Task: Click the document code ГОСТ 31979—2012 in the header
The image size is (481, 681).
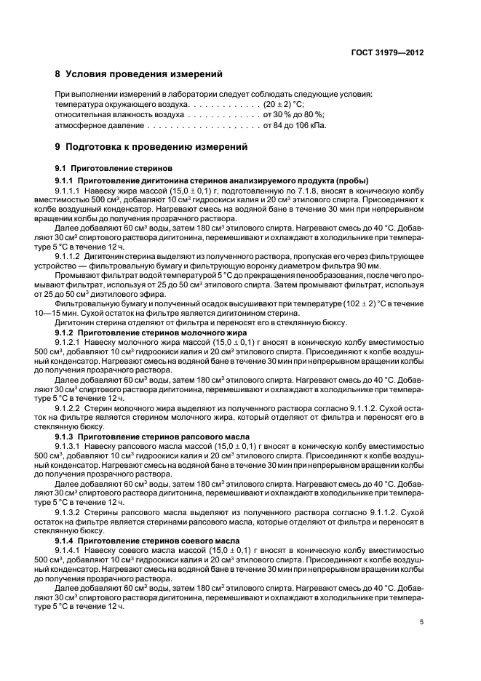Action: (x=388, y=52)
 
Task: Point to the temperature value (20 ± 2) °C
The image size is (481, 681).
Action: (x=287, y=105)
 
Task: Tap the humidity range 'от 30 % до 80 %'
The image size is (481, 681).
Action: (x=293, y=115)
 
